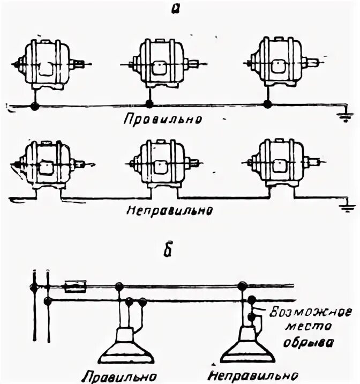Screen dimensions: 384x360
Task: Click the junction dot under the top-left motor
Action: tap(35, 106)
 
